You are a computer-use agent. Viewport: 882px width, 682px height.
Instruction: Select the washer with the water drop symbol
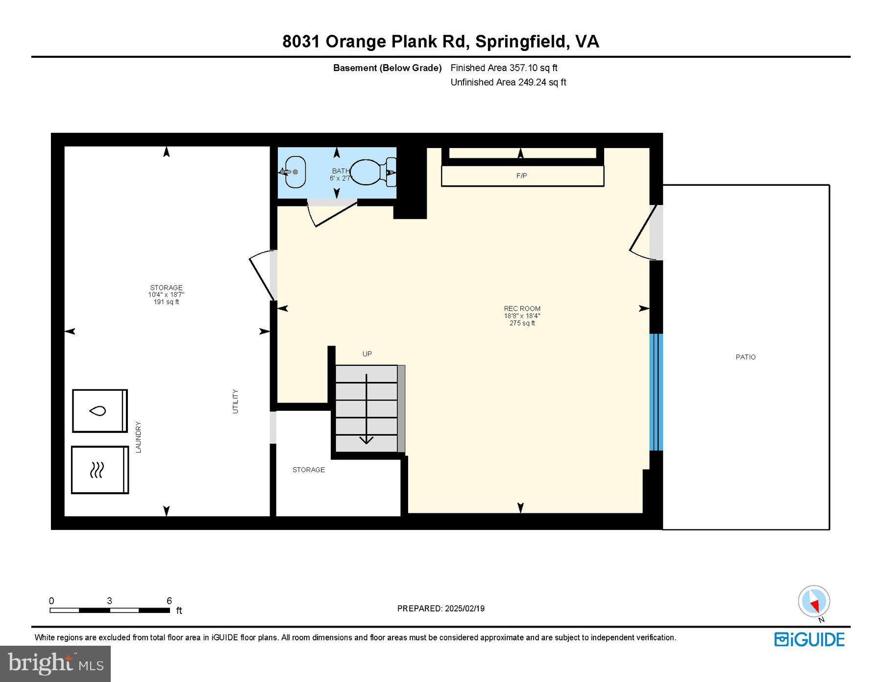[99, 411]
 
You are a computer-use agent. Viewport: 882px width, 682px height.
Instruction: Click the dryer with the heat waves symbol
[99, 470]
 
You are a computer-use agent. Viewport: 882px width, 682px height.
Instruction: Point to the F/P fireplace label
[521, 176]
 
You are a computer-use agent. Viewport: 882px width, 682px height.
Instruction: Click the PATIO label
[745, 357]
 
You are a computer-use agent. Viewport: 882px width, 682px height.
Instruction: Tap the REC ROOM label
[522, 308]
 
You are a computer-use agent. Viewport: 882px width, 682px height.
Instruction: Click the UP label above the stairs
[367, 354]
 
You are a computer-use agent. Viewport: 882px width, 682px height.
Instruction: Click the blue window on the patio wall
[656, 392]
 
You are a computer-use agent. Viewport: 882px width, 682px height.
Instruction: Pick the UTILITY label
[235, 401]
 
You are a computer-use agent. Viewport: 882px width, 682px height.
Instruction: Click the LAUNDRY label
[138, 436]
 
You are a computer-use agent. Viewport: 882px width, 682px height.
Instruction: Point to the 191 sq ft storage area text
[166, 302]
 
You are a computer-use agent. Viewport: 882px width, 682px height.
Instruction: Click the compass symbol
[814, 601]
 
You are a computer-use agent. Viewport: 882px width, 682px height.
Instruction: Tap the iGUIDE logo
[809, 639]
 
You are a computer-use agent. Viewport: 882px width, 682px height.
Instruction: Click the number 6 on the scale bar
[169, 601]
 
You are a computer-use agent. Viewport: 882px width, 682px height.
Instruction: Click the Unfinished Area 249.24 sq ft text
[508, 82]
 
